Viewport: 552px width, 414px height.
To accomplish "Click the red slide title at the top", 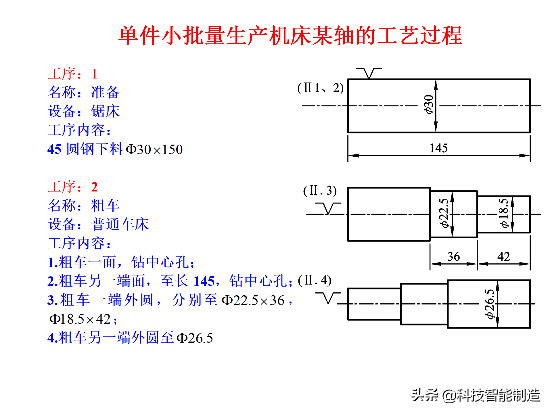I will [x=290, y=36].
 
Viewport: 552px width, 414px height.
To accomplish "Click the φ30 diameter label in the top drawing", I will [x=429, y=104].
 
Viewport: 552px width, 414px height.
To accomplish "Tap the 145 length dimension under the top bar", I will [x=438, y=148].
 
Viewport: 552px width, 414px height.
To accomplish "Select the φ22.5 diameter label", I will [x=444, y=213].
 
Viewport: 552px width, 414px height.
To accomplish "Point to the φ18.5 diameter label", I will [x=504, y=213].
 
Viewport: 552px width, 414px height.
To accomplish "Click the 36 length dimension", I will [x=453, y=256].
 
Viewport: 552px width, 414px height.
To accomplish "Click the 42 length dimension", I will [x=504, y=256].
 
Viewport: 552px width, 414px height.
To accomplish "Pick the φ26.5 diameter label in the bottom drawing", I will [x=490, y=304].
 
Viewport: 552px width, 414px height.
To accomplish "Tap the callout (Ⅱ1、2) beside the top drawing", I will [x=320, y=88].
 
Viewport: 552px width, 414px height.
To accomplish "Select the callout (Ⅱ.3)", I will [x=320, y=191].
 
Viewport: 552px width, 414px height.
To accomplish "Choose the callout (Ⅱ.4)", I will [x=315, y=280].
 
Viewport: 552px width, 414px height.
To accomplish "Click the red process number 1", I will [x=95, y=74].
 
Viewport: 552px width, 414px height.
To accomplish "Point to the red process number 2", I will [x=95, y=187].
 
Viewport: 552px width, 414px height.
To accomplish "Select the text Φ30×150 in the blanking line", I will [x=154, y=149].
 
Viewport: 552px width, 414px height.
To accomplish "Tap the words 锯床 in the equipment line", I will [x=105, y=111].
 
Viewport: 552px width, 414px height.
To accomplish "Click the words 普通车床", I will [x=120, y=224].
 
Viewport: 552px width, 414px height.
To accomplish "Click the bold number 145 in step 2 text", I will [x=204, y=281].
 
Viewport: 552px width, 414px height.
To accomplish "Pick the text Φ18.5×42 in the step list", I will [x=83, y=319].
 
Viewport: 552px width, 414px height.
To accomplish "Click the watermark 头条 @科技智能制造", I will [x=476, y=395].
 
